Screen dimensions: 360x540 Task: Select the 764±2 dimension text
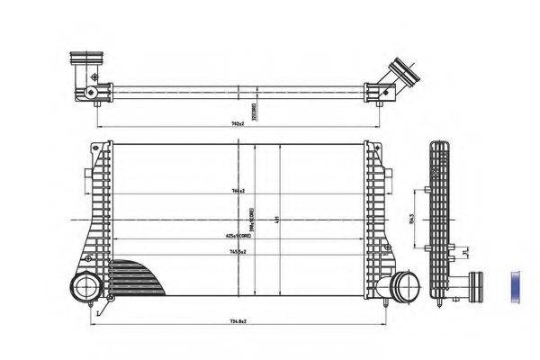[238, 192]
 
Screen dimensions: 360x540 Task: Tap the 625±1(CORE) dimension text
[238, 235]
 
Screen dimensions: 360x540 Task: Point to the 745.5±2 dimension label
[238, 253]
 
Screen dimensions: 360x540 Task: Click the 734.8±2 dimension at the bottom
[238, 321]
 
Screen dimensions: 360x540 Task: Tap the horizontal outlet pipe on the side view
[471, 288]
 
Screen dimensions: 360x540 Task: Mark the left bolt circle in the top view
[91, 94]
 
